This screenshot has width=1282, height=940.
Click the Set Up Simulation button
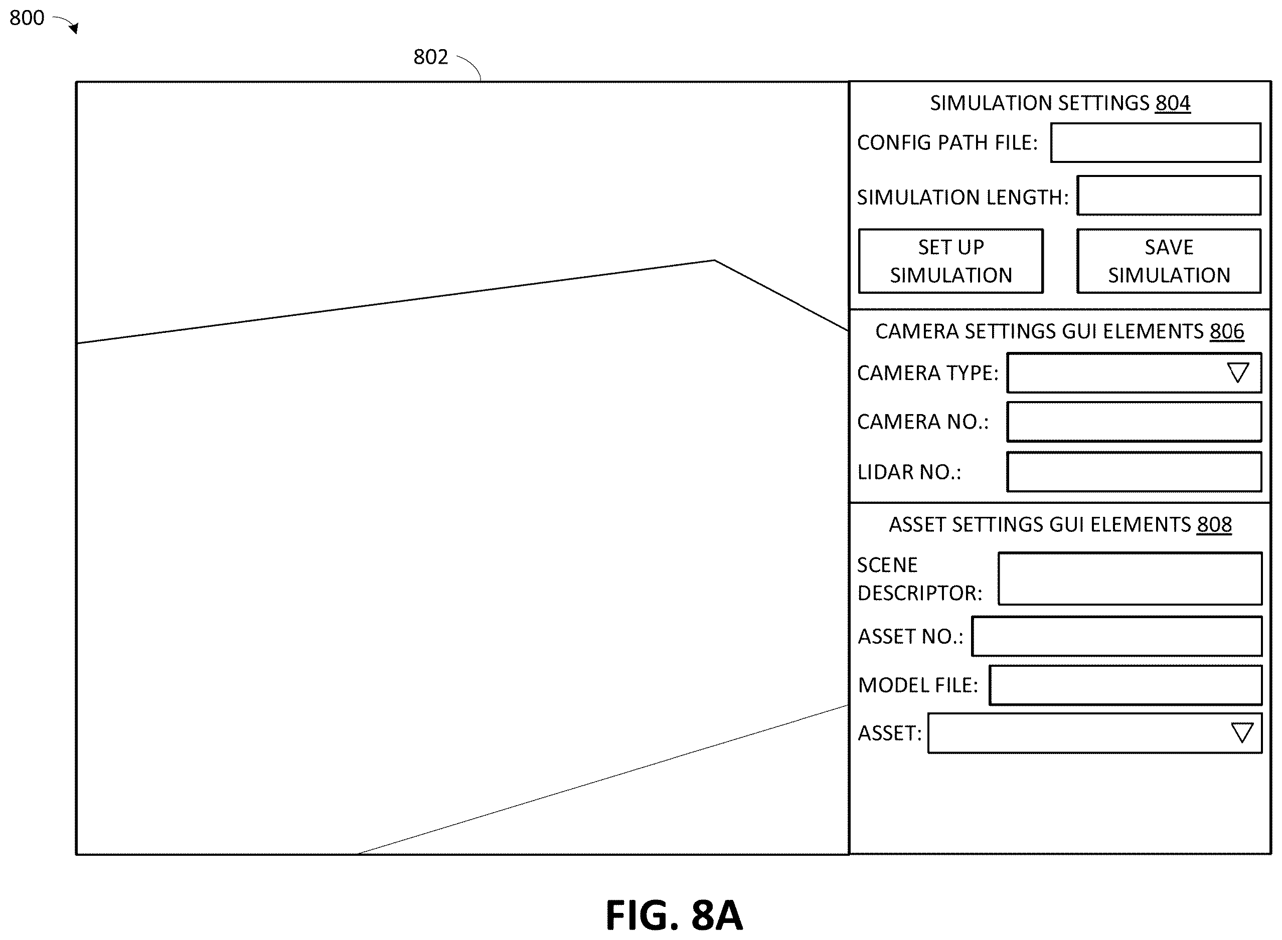950,261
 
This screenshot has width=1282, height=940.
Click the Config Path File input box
1156,143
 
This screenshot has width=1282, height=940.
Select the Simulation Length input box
1169,195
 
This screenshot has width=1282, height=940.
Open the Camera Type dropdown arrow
1237,372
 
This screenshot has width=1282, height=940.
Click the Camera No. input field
1134,422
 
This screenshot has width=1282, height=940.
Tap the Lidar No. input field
1134,472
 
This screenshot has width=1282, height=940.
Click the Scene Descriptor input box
1130,578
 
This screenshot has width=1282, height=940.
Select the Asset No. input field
1117,636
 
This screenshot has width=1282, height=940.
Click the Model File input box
1126,685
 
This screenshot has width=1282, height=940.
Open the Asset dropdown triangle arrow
1241,733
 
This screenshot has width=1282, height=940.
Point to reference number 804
1173,103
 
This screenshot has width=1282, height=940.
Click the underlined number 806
1227,331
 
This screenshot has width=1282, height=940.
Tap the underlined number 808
1214,524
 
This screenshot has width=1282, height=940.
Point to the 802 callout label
431,57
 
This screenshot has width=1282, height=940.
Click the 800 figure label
27,18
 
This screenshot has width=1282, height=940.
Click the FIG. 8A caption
674,915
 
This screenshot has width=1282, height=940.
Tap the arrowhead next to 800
75,28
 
